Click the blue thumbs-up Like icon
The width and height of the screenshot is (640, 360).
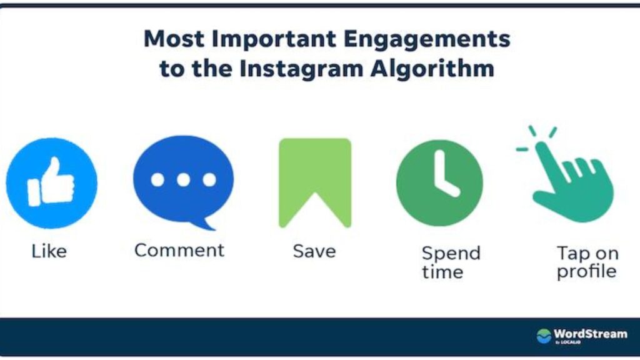pyautogui.click(x=52, y=183)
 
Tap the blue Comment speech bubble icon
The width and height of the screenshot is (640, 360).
pyautogui.click(x=183, y=182)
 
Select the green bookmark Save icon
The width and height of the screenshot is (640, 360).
pyautogui.click(x=315, y=183)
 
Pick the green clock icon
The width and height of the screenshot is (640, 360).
pyautogui.click(x=439, y=183)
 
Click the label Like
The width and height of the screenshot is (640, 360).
pyautogui.click(x=49, y=251)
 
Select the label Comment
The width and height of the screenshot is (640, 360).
pyautogui.click(x=179, y=250)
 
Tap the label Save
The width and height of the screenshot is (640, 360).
pyautogui.click(x=314, y=251)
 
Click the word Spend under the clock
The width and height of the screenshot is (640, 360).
pyautogui.click(x=451, y=254)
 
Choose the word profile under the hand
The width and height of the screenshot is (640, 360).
pyautogui.click(x=586, y=272)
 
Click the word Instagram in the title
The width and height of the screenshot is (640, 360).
pyautogui.click(x=301, y=69)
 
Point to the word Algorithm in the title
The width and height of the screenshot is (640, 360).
pyautogui.click(x=432, y=69)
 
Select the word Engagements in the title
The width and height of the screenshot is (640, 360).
pyautogui.click(x=427, y=39)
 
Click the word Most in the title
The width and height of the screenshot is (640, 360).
pyautogui.click(x=174, y=39)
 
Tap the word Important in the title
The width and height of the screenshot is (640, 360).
pyautogui.click(x=274, y=39)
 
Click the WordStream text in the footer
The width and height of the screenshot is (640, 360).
pyautogui.click(x=590, y=334)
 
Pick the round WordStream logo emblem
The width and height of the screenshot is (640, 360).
pyautogui.click(x=544, y=336)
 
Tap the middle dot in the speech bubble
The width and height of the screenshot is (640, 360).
pyautogui.click(x=183, y=179)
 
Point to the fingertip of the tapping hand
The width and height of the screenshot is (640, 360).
pyautogui.click(x=542, y=146)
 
